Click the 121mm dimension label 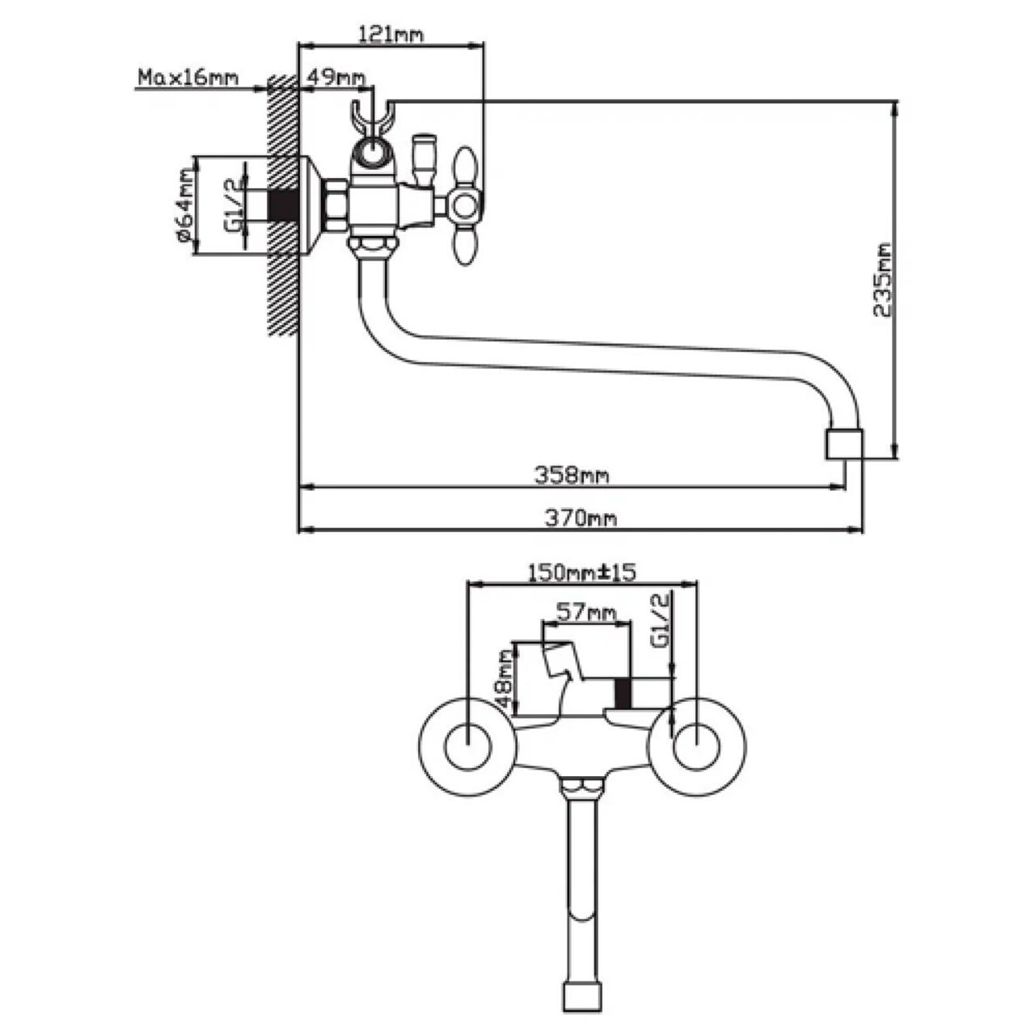click(x=391, y=35)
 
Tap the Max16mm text click(x=188, y=78)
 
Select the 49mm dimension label click(x=336, y=78)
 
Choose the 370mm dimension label click(x=581, y=518)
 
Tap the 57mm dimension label click(x=586, y=612)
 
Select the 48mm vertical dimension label click(x=505, y=678)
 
